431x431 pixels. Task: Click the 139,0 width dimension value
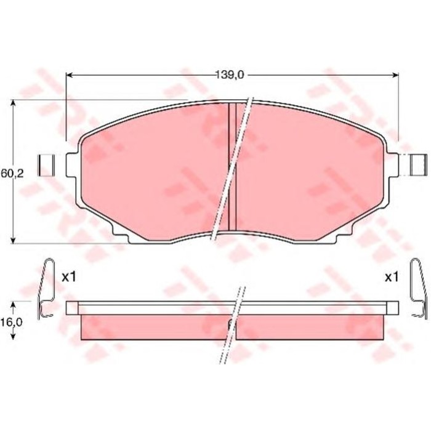pyautogui.click(x=230, y=75)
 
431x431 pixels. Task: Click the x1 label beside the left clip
pyautogui.click(x=68, y=277)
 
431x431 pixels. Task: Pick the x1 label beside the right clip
pyautogui.click(x=392, y=277)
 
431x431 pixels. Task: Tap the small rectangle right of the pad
pyautogui.click(x=419, y=164)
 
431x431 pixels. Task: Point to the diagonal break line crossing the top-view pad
pyautogui.click(x=233, y=166)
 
